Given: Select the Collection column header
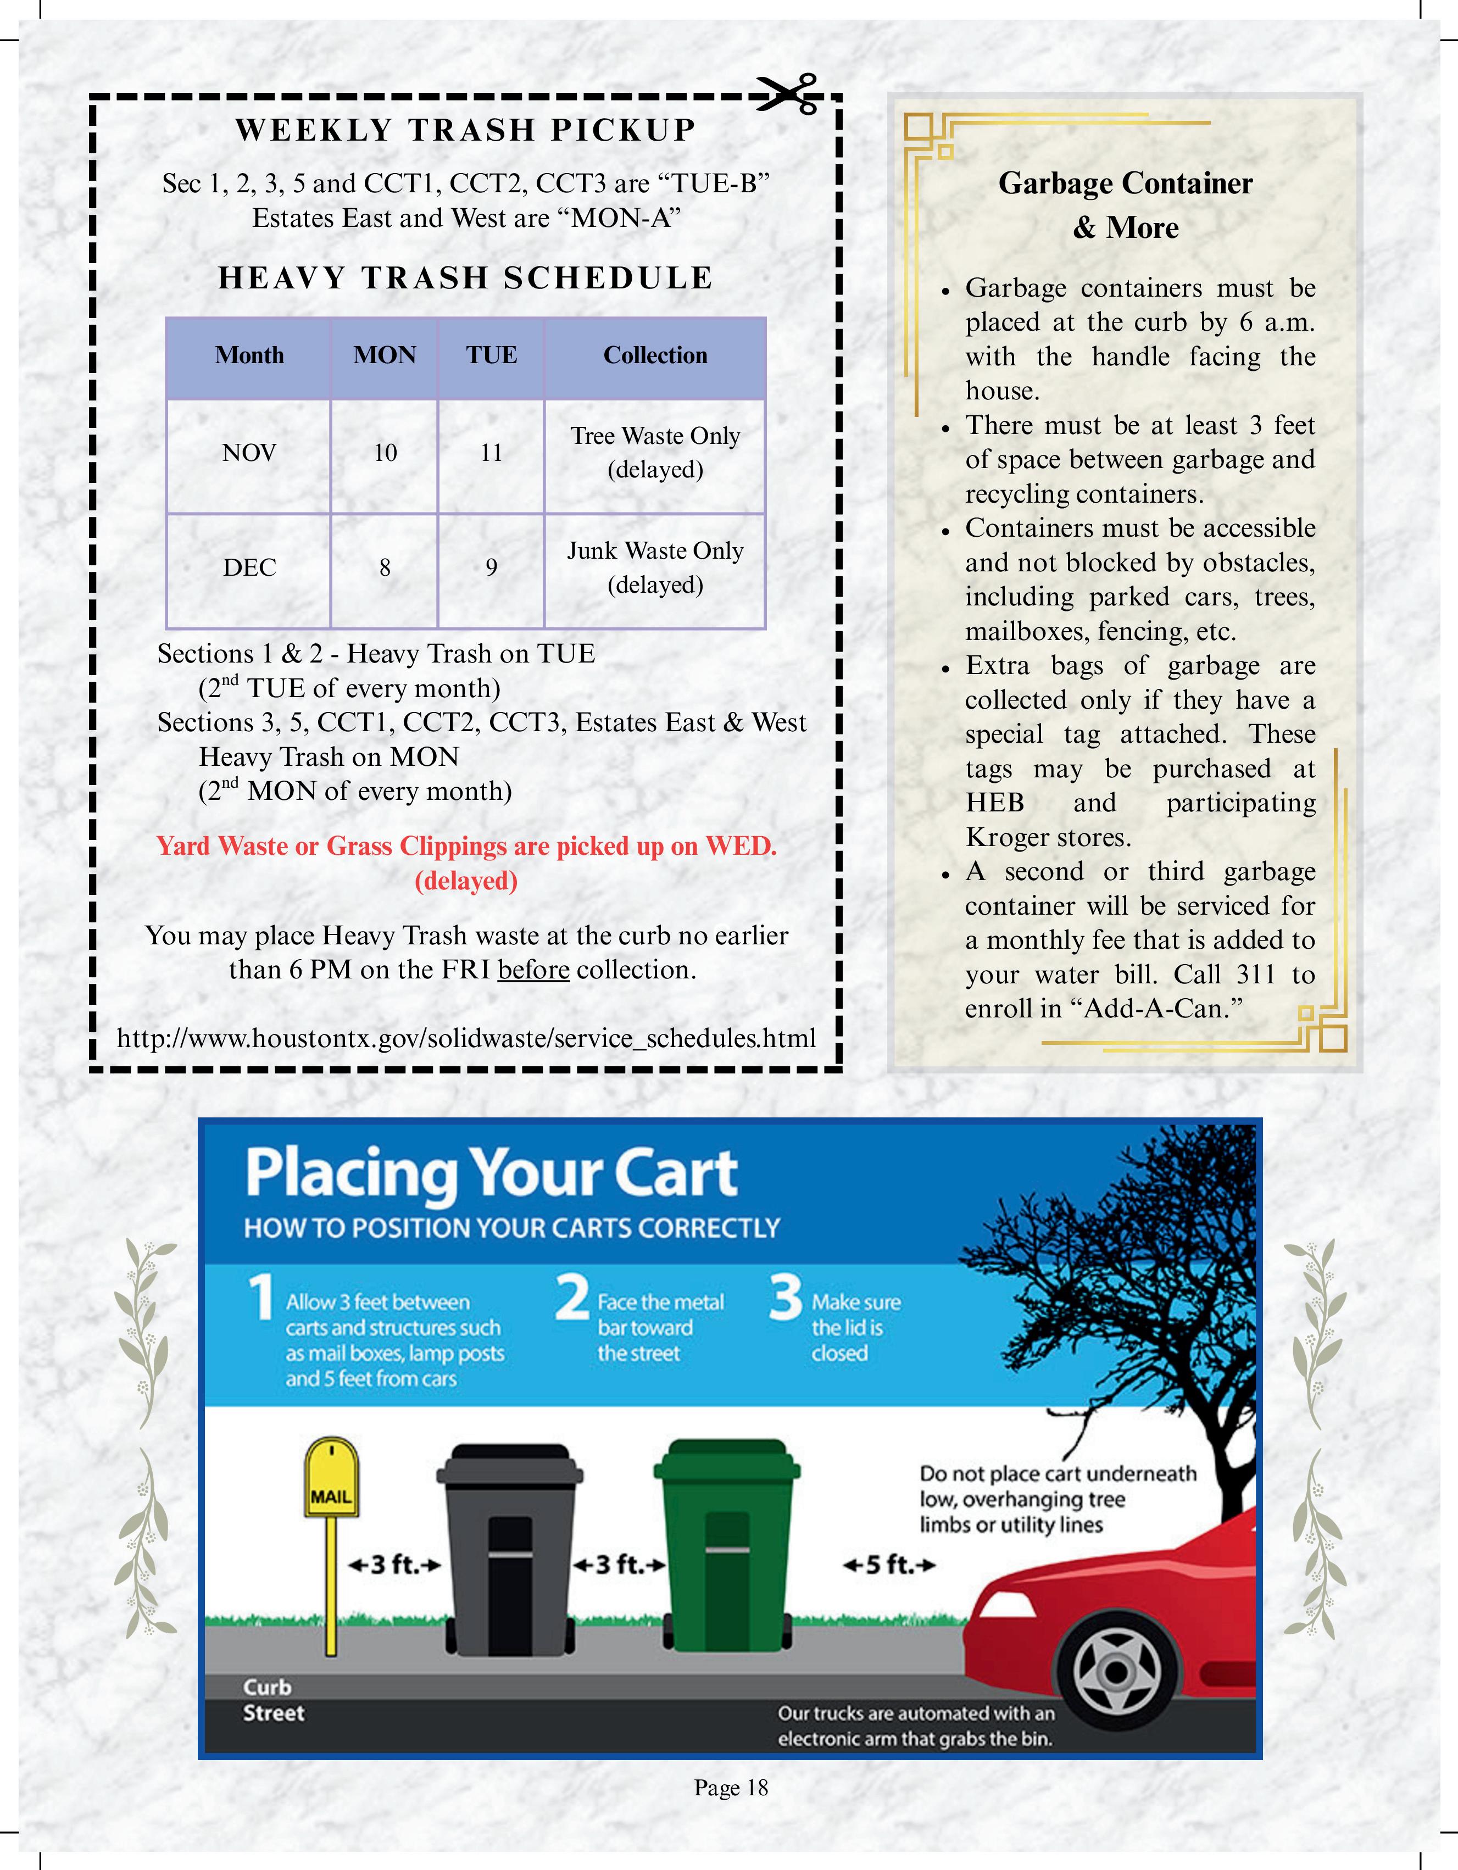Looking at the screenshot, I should [655, 355].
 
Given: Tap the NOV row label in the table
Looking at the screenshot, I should [249, 453].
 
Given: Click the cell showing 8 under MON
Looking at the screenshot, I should [385, 567].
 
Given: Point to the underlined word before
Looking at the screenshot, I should [533, 970].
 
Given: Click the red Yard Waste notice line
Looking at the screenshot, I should [466, 847].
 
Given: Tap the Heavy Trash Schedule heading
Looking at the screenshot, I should [466, 279].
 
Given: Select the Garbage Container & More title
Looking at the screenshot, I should [1125, 205].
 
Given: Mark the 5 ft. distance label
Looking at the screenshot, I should [889, 1565].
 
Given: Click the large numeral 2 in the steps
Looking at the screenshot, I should [572, 1298].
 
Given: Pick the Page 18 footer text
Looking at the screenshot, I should [730, 1787].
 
